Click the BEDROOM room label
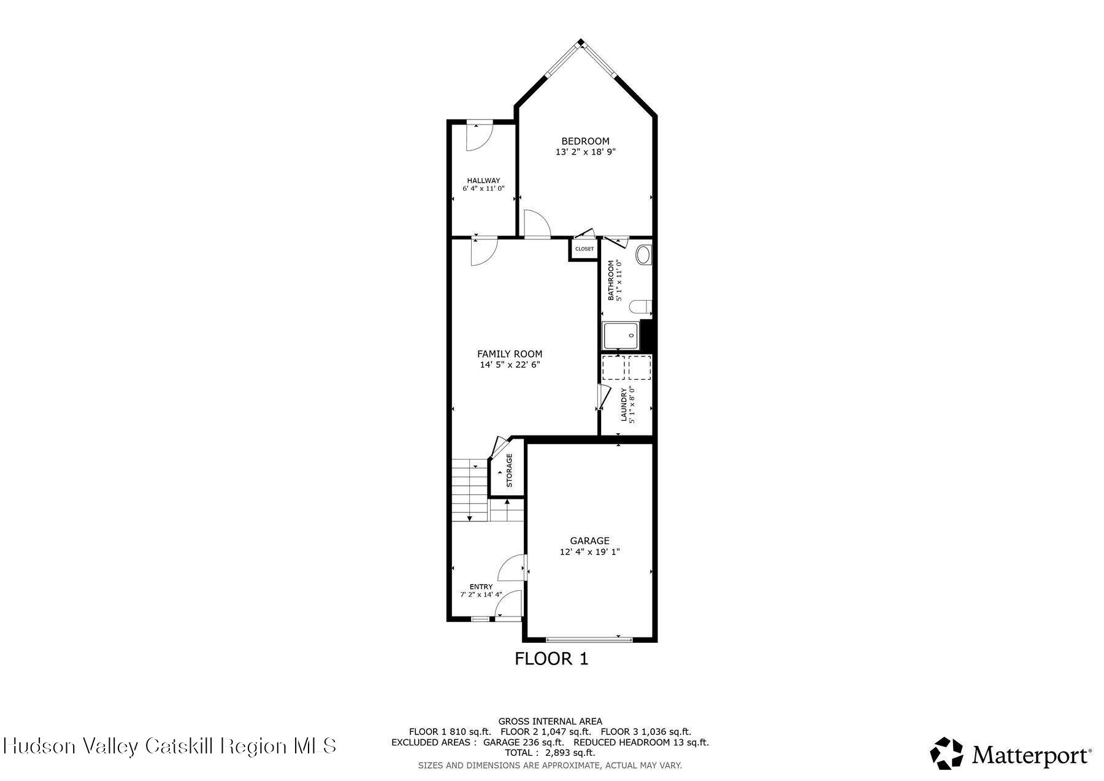585,141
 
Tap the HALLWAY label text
483,180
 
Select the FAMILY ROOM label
510,354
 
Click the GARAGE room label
589,541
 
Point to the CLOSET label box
584,249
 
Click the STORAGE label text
509,471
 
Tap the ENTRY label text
481,587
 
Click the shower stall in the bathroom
621,336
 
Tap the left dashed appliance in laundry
613,367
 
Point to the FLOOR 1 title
551,659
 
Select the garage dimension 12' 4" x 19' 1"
589,552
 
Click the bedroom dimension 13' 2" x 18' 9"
585,152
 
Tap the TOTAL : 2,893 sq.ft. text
550,753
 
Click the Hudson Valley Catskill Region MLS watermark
169,745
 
